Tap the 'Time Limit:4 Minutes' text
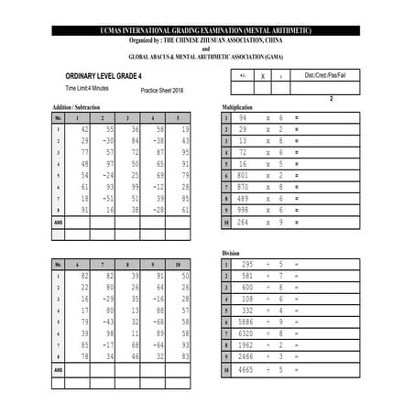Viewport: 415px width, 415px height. click(x=87, y=88)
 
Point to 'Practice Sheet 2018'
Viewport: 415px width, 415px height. click(x=162, y=92)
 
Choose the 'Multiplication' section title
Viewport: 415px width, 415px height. click(x=237, y=107)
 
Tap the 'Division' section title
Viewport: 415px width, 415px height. click(x=230, y=252)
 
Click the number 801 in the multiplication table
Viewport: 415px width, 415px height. click(x=243, y=174)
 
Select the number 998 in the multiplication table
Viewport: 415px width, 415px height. click(x=243, y=209)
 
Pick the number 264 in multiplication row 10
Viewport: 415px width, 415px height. click(x=243, y=222)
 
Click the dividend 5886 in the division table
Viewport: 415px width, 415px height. click(x=246, y=322)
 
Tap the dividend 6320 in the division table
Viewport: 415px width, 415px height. click(x=246, y=333)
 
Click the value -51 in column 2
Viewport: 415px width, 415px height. click(x=107, y=198)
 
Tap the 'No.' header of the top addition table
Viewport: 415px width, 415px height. click(x=58, y=118)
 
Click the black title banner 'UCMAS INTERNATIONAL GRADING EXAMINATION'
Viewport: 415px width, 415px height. click(x=207, y=30)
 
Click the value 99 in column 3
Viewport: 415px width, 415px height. click(x=134, y=186)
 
